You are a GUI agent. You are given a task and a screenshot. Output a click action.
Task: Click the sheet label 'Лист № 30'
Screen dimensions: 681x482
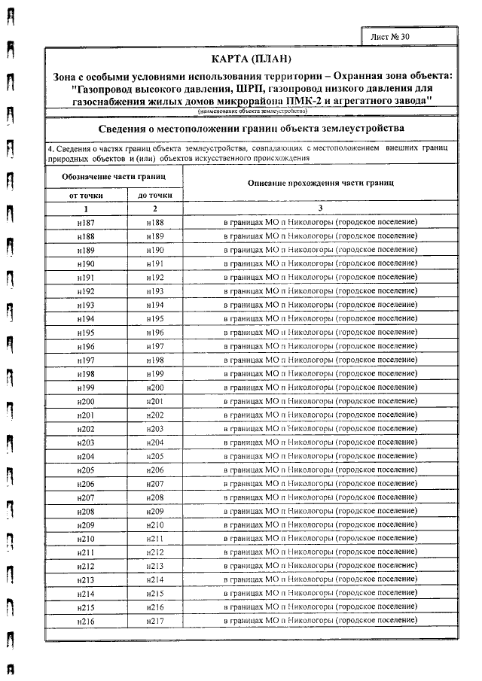click(x=394, y=36)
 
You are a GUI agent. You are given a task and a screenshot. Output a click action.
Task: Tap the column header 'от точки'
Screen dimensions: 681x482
click(x=86, y=195)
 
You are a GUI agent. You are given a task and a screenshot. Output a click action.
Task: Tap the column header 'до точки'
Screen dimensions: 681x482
click(x=155, y=195)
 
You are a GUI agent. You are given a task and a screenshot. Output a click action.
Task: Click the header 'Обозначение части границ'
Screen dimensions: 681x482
click(x=114, y=175)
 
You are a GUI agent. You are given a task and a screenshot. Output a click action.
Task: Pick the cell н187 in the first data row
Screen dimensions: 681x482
click(x=86, y=223)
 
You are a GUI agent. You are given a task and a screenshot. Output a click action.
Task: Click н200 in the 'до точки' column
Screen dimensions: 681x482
click(x=155, y=387)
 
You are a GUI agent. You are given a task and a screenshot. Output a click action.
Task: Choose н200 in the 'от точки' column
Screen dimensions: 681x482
click(x=86, y=400)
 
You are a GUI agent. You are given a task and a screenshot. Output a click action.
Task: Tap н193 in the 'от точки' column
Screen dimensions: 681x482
click(x=86, y=305)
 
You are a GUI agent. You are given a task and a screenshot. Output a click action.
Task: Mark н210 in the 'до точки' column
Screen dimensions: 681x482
click(x=155, y=524)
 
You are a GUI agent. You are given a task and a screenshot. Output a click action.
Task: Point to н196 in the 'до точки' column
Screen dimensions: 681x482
click(x=155, y=332)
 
